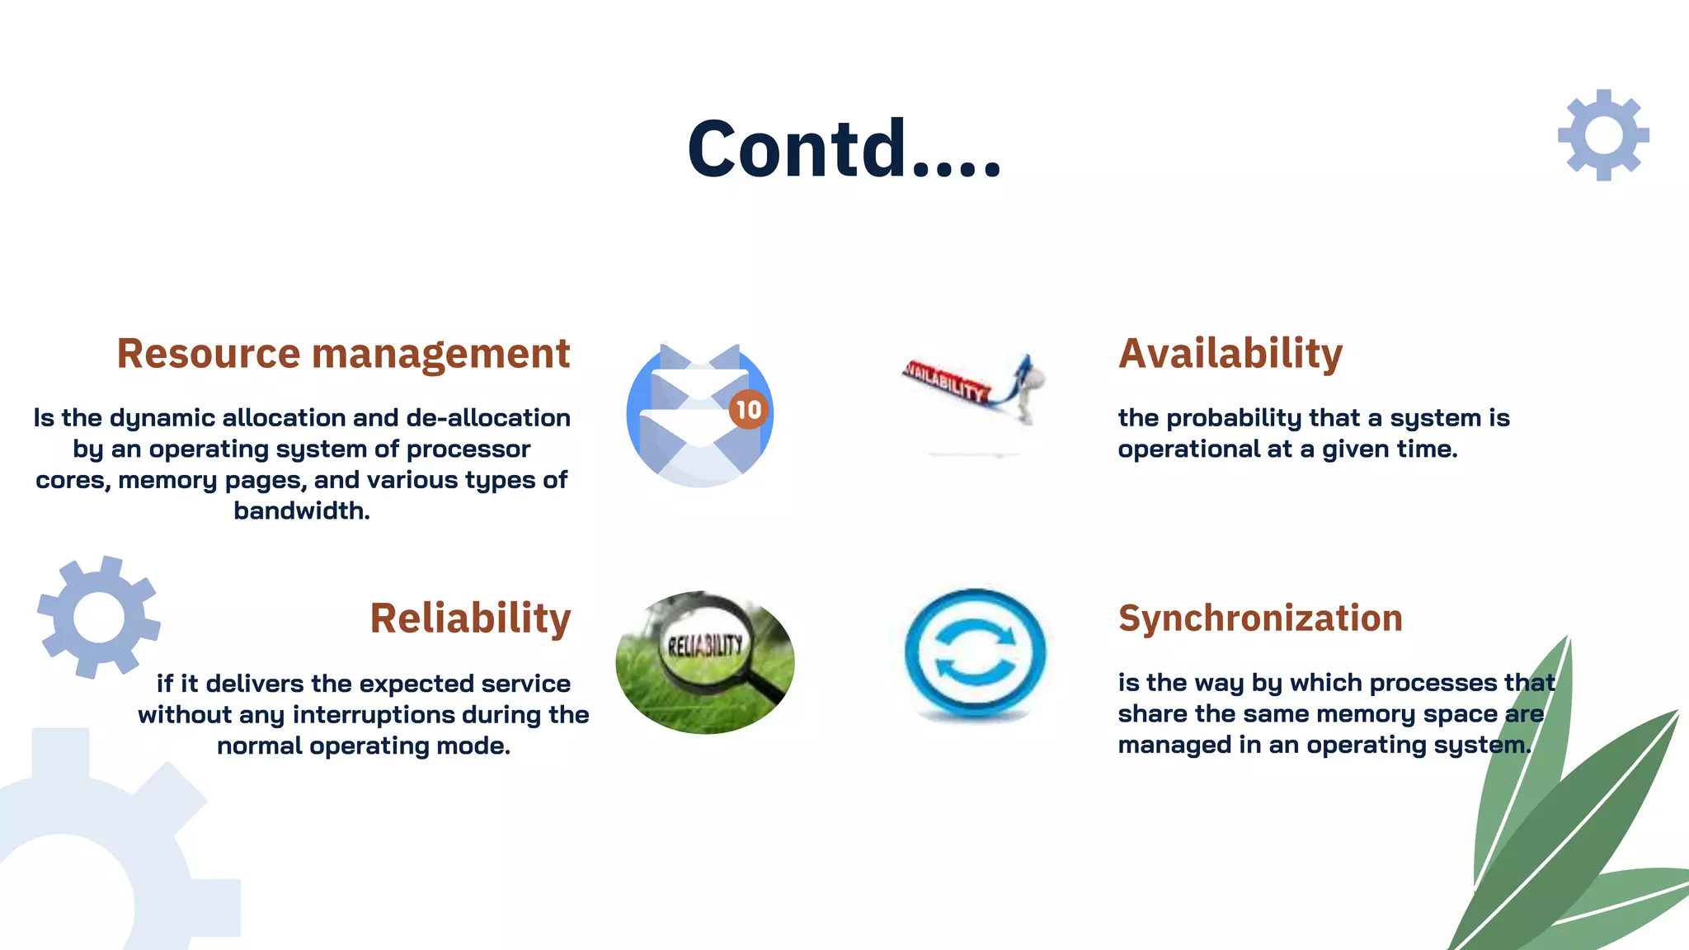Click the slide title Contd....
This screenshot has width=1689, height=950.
pos(844,148)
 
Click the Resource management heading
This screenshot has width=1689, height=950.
pos(343,354)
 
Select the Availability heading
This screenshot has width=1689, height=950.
pos(1230,354)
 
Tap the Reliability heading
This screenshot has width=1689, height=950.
pos(470,618)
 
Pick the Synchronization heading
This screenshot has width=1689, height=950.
pos(1259,618)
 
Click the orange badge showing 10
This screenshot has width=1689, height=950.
pos(748,410)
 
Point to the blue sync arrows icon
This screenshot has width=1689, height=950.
pos(975,653)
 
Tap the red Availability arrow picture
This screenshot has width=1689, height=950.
pos(973,388)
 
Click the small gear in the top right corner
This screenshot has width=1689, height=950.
pos(1603,135)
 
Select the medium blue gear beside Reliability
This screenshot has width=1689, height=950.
pos(99,617)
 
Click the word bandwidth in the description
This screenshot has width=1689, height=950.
pos(301,511)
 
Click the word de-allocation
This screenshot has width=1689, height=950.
pos(487,418)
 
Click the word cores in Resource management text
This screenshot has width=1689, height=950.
pos(71,481)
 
